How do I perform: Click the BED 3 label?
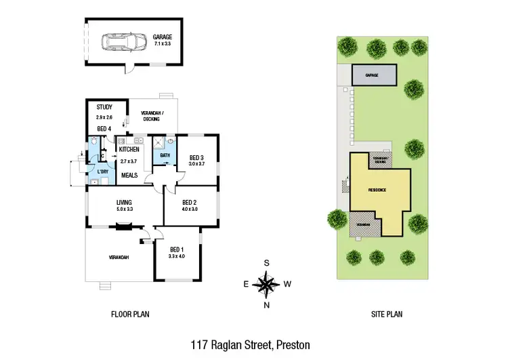[x=196, y=157]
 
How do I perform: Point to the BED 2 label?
[x=190, y=202]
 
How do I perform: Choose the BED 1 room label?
[x=175, y=249]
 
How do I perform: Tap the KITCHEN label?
[x=129, y=149]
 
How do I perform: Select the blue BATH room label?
[x=164, y=155]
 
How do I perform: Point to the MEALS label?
[x=129, y=176]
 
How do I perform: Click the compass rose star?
[x=268, y=283]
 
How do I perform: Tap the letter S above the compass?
[x=268, y=263]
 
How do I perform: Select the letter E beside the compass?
[x=247, y=284]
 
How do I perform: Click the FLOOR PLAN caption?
[x=129, y=315]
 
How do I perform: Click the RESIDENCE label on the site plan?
[x=377, y=190]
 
